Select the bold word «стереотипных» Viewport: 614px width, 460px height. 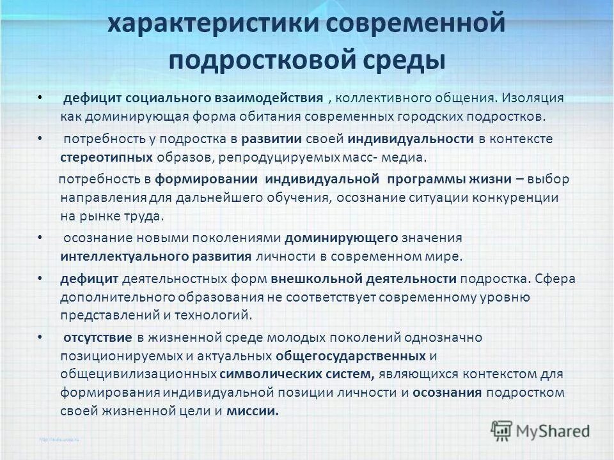point(106,157)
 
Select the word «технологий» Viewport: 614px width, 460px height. point(216,315)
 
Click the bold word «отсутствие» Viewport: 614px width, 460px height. point(96,337)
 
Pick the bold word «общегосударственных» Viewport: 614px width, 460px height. point(352,355)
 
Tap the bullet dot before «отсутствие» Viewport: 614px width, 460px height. point(40,337)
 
